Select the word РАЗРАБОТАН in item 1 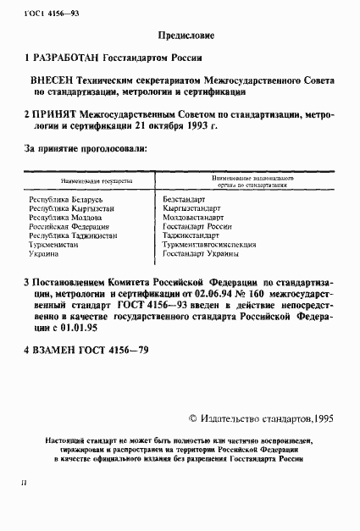pyautogui.click(x=66, y=58)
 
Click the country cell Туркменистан pyautogui.click(x=53, y=245)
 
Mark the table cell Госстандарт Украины pyautogui.click(x=202, y=254)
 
